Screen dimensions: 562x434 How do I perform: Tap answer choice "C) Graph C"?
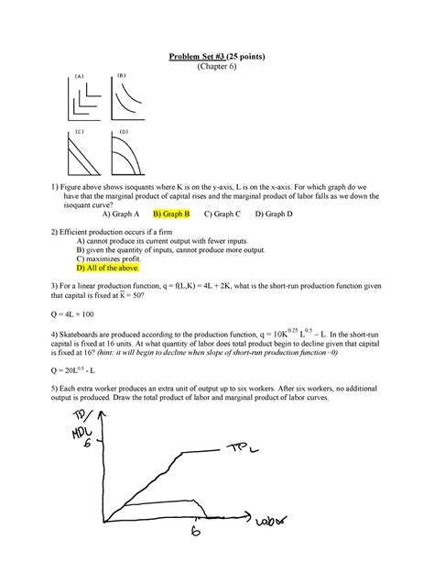point(222,215)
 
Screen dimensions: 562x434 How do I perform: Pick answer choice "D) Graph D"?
point(274,215)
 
